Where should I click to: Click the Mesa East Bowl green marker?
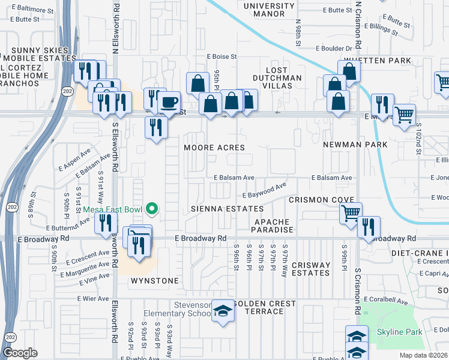[152, 209]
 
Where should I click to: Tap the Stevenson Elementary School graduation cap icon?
[223, 311]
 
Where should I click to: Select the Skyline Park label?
[404, 332]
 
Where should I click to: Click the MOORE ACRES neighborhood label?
[214, 147]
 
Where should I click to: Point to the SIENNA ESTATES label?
[227, 209]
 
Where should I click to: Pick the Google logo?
[20, 352]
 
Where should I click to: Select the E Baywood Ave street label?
[262, 192]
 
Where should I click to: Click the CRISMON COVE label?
[316, 199]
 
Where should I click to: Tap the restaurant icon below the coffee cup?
[155, 127]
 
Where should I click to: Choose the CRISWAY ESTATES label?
[311, 269]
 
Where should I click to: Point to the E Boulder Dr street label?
[331, 49]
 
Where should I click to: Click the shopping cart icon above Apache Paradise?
[351, 211]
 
